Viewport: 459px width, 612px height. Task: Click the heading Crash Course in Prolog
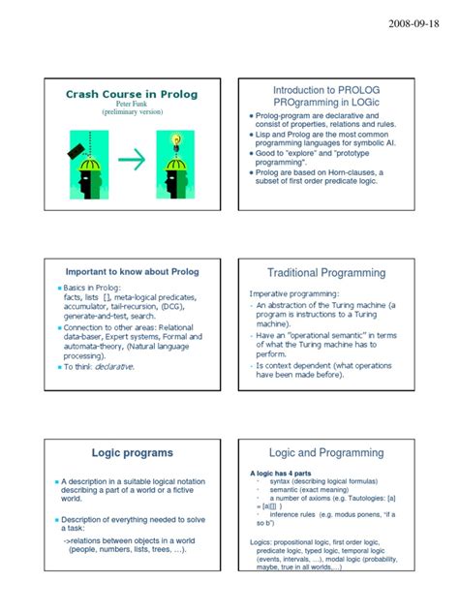(134, 93)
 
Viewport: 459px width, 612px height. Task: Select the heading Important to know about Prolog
(134, 272)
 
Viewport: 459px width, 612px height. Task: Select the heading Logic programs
(133, 452)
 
